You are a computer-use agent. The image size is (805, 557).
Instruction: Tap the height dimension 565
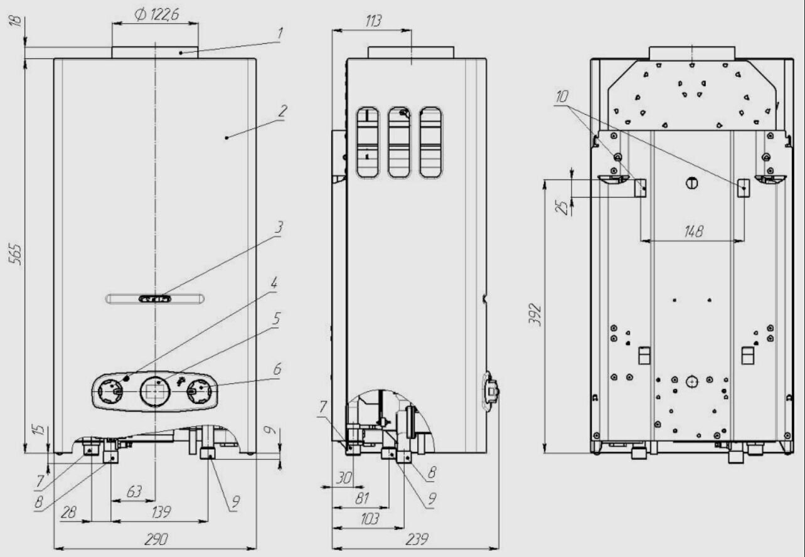(x=18, y=254)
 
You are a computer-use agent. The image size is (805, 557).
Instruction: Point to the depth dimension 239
(x=415, y=539)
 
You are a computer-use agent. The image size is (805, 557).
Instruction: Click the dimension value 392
(x=535, y=316)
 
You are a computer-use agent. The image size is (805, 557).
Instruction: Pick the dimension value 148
(x=693, y=231)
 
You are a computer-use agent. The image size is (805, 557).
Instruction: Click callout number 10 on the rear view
(x=562, y=97)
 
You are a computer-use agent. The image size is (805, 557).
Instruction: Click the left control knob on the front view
(x=110, y=391)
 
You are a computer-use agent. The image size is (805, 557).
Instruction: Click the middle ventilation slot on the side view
(x=399, y=142)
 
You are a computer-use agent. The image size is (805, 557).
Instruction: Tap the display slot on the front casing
(x=155, y=299)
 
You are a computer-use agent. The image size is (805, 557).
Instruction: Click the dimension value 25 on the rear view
(x=563, y=207)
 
